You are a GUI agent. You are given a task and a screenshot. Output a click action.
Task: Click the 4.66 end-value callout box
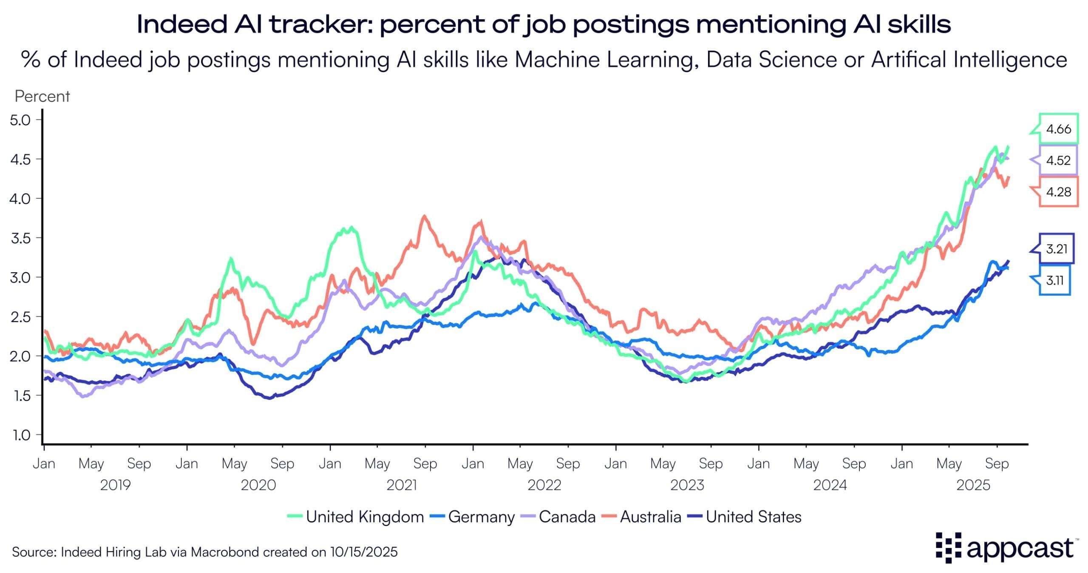(1058, 129)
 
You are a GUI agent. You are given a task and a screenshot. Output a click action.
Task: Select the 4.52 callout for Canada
(1058, 160)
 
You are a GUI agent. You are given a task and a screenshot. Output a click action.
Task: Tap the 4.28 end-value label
(1058, 192)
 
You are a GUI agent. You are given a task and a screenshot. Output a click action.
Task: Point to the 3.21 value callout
(1057, 249)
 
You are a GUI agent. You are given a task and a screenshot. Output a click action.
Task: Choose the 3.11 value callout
(1054, 280)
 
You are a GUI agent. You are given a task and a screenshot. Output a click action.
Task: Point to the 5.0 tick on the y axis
(20, 120)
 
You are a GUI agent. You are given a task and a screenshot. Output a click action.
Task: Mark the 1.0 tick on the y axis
(20, 435)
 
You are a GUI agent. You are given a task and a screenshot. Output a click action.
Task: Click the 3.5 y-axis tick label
(20, 238)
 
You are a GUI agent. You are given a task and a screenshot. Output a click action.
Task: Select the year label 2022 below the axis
(544, 485)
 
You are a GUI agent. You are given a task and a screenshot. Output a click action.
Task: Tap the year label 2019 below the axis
(115, 485)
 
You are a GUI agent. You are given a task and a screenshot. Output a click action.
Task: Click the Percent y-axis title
(42, 97)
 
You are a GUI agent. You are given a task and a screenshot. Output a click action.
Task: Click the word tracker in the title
(320, 24)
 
